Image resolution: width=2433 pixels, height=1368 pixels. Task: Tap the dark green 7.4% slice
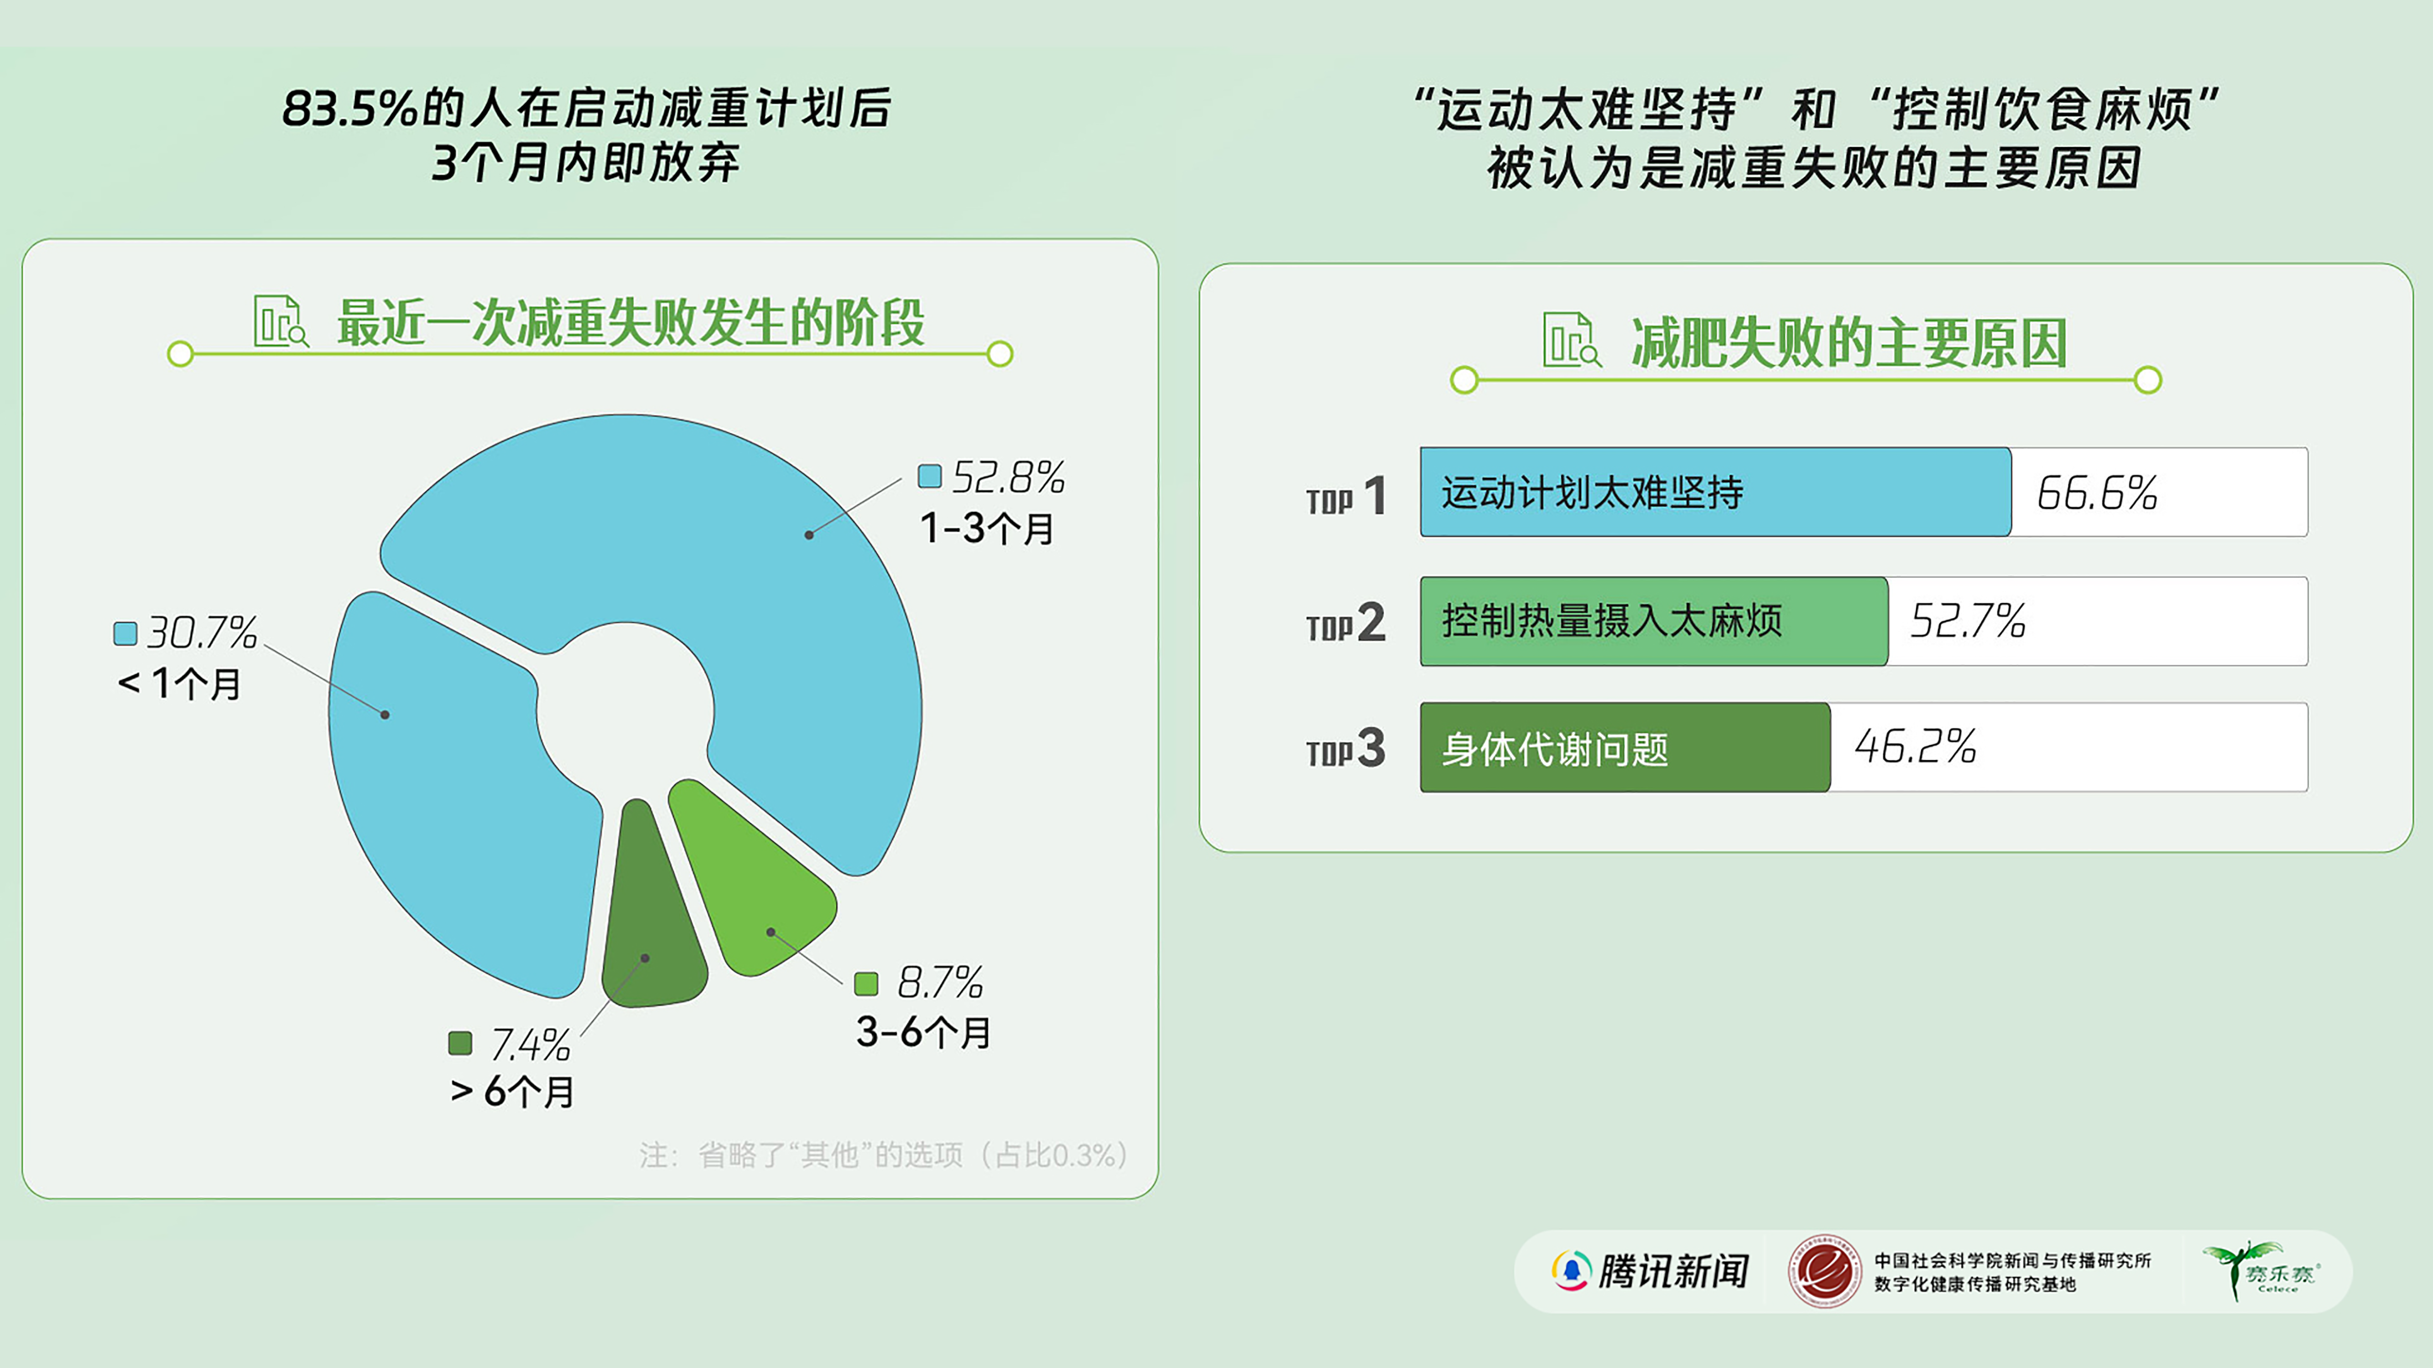pyautogui.click(x=651, y=925)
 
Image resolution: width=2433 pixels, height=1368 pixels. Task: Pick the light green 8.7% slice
pyautogui.click(x=755, y=887)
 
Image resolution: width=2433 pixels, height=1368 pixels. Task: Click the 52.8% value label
pyautogui.click(x=1008, y=478)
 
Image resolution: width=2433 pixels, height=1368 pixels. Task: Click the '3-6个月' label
pyautogui.click(x=923, y=1033)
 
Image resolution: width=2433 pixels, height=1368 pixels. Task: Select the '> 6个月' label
pyautogui.click(x=513, y=1092)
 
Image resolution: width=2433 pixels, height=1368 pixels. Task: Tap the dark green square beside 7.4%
pyautogui.click(x=460, y=1043)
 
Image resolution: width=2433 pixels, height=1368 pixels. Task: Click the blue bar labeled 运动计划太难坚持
pyautogui.click(x=1714, y=492)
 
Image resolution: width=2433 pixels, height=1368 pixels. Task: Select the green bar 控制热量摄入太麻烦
pyautogui.click(x=1653, y=621)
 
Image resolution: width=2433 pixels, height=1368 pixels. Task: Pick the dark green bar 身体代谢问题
pyautogui.click(x=1625, y=748)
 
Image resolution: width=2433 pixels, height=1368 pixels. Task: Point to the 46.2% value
pyautogui.click(x=1915, y=747)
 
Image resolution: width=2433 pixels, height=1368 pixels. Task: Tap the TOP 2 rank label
pyautogui.click(x=1346, y=623)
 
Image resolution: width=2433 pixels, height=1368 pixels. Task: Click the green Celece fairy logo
pyautogui.click(x=2262, y=1271)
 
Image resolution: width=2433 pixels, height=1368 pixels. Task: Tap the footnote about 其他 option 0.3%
pyautogui.click(x=883, y=1155)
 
